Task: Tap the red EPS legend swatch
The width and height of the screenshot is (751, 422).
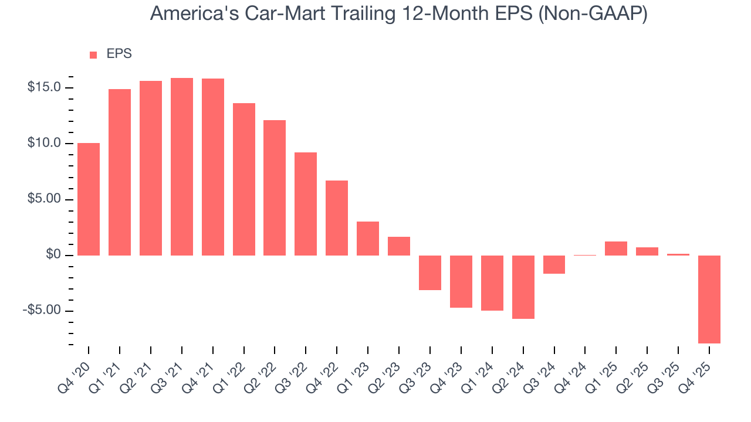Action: click(93, 55)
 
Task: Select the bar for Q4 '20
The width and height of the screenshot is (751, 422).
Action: click(89, 199)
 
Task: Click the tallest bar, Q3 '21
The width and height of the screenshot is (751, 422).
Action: click(182, 166)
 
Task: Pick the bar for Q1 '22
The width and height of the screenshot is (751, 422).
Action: click(244, 179)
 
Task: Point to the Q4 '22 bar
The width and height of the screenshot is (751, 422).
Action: click(337, 218)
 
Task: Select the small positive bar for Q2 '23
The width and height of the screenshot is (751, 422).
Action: click(399, 246)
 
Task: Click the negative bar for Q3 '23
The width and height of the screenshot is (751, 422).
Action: click(430, 273)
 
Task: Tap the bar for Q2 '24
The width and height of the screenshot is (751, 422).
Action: click(523, 287)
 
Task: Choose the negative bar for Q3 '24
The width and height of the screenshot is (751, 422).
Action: click(554, 264)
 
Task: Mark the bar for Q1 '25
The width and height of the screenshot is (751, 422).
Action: click(616, 249)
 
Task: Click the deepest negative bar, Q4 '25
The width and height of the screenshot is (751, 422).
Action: click(709, 299)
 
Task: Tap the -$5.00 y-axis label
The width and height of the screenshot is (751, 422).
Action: click(42, 310)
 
